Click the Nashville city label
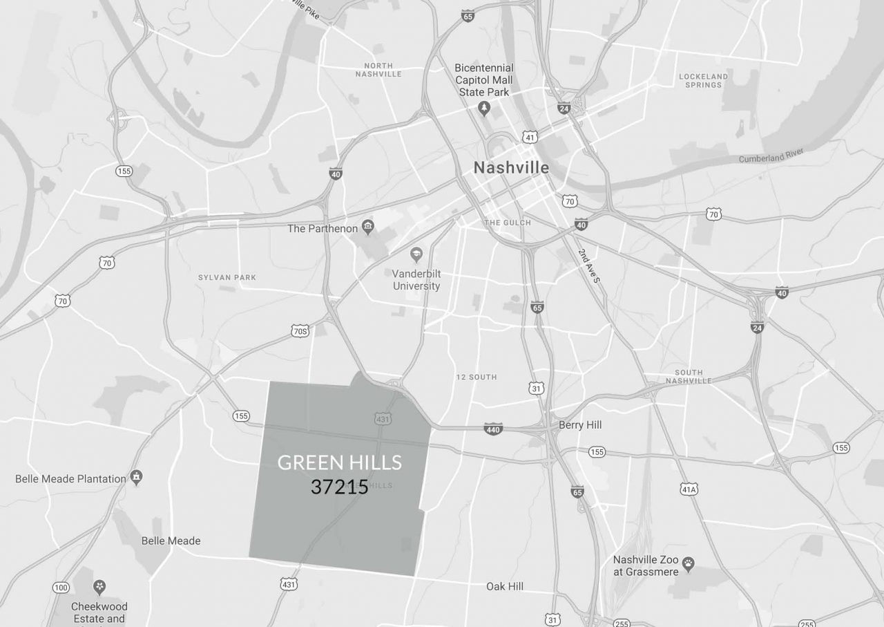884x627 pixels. tap(511, 167)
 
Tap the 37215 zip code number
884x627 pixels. tap(339, 487)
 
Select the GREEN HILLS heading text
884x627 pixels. tap(340, 462)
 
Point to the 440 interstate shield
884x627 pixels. tap(493, 429)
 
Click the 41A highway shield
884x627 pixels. tap(689, 489)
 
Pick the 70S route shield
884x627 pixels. tap(300, 331)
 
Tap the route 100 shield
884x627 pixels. tap(61, 588)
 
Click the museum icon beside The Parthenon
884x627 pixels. tap(368, 227)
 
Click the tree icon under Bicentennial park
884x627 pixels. tap(484, 109)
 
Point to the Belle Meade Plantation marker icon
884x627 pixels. tap(137, 477)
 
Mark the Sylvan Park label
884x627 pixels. tap(227, 277)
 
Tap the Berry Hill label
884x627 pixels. tap(580, 424)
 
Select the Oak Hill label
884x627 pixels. tap(505, 586)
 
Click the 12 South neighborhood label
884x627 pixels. tap(477, 377)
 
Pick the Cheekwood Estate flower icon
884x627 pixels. tap(99, 588)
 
